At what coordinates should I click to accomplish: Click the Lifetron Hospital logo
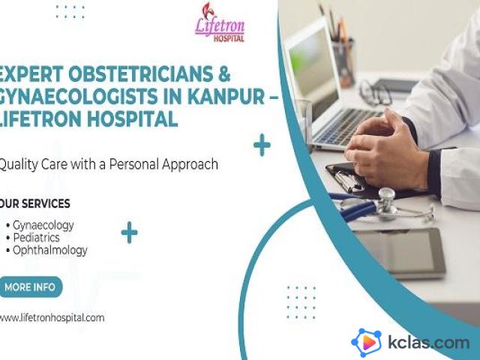pyautogui.click(x=220, y=22)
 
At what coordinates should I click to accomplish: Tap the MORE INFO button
pyautogui.click(x=30, y=286)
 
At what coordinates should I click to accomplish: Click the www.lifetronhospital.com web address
pyautogui.click(x=52, y=318)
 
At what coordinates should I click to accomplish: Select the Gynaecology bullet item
pyautogui.click(x=40, y=225)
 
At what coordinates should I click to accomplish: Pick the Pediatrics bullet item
pyautogui.click(x=33, y=238)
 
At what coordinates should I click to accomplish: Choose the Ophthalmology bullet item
pyautogui.click(x=46, y=250)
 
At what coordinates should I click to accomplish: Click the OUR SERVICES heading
pyautogui.click(x=34, y=203)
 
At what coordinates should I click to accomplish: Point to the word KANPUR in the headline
pyautogui.click(x=226, y=96)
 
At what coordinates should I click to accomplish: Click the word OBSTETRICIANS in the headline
pyautogui.click(x=140, y=73)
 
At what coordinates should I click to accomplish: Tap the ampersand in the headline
pyautogui.click(x=224, y=73)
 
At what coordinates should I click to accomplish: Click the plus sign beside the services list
pyautogui.click(x=129, y=232)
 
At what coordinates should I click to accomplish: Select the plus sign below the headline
pyautogui.click(x=262, y=145)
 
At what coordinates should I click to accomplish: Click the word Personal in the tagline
pyautogui.click(x=134, y=164)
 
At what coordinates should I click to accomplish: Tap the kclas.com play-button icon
pyautogui.click(x=367, y=343)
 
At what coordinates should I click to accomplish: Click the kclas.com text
pyautogui.click(x=428, y=342)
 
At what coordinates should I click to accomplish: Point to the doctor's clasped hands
pyautogui.click(x=385, y=148)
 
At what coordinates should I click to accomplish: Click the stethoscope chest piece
pyautogui.click(x=386, y=200)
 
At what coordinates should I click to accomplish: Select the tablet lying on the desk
pyautogui.click(x=400, y=253)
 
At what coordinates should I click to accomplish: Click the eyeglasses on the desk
pyautogui.click(x=375, y=91)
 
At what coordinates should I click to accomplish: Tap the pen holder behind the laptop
pyautogui.click(x=343, y=63)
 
